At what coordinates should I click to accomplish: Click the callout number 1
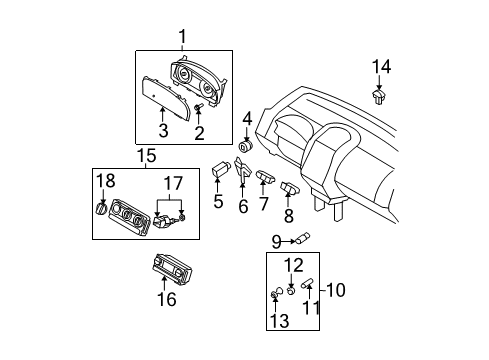(x=182, y=38)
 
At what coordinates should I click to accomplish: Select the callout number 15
(x=146, y=156)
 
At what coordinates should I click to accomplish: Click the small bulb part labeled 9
(x=303, y=238)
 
